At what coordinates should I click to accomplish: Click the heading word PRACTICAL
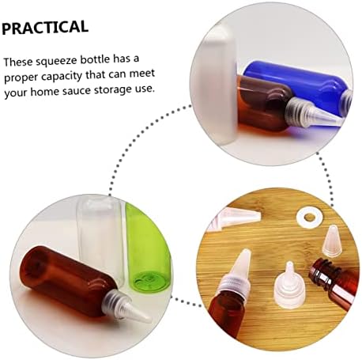click(x=45, y=27)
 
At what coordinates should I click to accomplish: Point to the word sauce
click(x=77, y=91)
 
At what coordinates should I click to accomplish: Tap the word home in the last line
click(x=45, y=92)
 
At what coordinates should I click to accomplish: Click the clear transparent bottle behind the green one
click(x=101, y=237)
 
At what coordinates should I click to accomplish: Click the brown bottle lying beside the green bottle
click(x=69, y=279)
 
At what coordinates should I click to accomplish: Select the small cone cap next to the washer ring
click(x=330, y=241)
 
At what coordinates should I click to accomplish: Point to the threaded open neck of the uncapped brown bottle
click(x=322, y=271)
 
